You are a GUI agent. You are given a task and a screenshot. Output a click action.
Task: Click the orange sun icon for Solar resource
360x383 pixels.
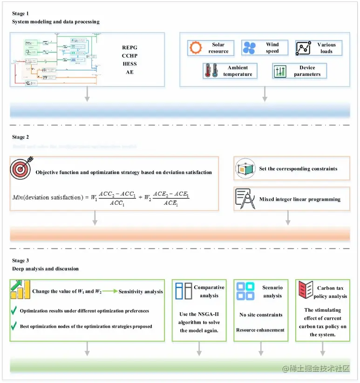tap(196, 48)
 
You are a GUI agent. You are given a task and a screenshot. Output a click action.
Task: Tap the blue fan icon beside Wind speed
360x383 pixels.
tap(249, 47)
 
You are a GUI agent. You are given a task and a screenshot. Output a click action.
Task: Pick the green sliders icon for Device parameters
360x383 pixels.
tap(280, 71)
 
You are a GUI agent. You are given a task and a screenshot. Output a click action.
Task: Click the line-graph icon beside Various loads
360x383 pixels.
tap(303, 48)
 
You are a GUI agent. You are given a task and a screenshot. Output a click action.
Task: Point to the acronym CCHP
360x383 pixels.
tap(130, 55)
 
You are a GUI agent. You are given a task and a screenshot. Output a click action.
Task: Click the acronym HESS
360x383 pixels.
tap(130, 64)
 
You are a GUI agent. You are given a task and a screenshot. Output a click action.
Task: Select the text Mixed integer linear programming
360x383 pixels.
tap(299, 199)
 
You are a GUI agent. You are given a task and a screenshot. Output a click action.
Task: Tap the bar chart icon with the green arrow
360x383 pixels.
tap(20, 289)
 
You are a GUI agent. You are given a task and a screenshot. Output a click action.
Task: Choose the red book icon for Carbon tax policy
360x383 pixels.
tap(305, 290)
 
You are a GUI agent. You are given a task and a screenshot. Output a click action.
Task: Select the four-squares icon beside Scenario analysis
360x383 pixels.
tap(245, 291)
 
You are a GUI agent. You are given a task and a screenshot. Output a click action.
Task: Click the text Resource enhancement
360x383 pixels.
tap(260, 330)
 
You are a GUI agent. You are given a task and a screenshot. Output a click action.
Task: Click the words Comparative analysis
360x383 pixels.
tap(209, 291)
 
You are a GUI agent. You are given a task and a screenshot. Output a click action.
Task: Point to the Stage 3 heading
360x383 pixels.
tap(20, 261)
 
